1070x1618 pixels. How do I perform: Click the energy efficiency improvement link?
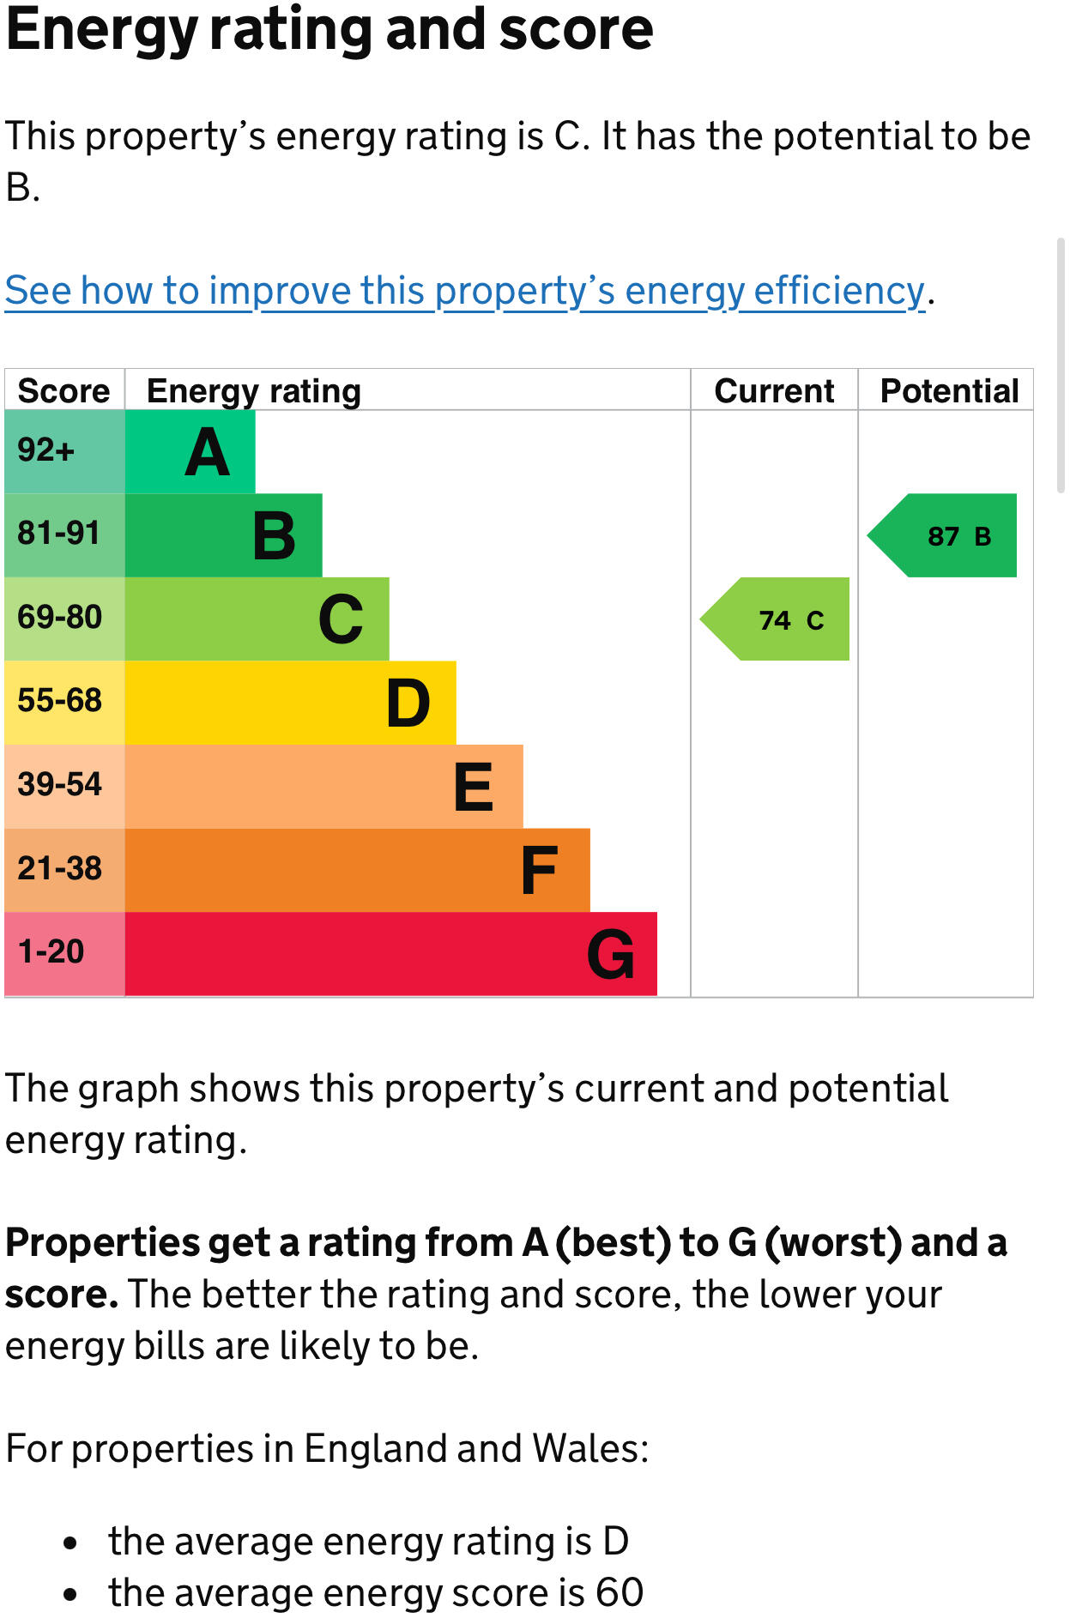(464, 291)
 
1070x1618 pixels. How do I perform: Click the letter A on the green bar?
(208, 452)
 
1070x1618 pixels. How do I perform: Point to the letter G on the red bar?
(611, 954)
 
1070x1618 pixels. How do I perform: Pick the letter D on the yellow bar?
(408, 703)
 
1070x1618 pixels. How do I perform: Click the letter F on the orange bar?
(540, 871)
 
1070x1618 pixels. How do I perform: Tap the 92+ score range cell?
(46, 450)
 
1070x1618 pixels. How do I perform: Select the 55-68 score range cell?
(60, 701)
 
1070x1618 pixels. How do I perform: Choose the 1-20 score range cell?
(51, 952)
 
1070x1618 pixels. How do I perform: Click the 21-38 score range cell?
(60, 869)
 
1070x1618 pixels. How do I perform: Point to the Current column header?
(774, 391)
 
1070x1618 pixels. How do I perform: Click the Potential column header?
(949, 391)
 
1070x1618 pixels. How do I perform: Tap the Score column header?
(64, 391)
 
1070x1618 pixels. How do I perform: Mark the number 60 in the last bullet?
(620, 1592)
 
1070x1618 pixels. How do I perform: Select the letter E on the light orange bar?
(474, 787)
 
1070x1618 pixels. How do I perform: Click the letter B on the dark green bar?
(275, 536)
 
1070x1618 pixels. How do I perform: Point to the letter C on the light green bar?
(341, 619)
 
